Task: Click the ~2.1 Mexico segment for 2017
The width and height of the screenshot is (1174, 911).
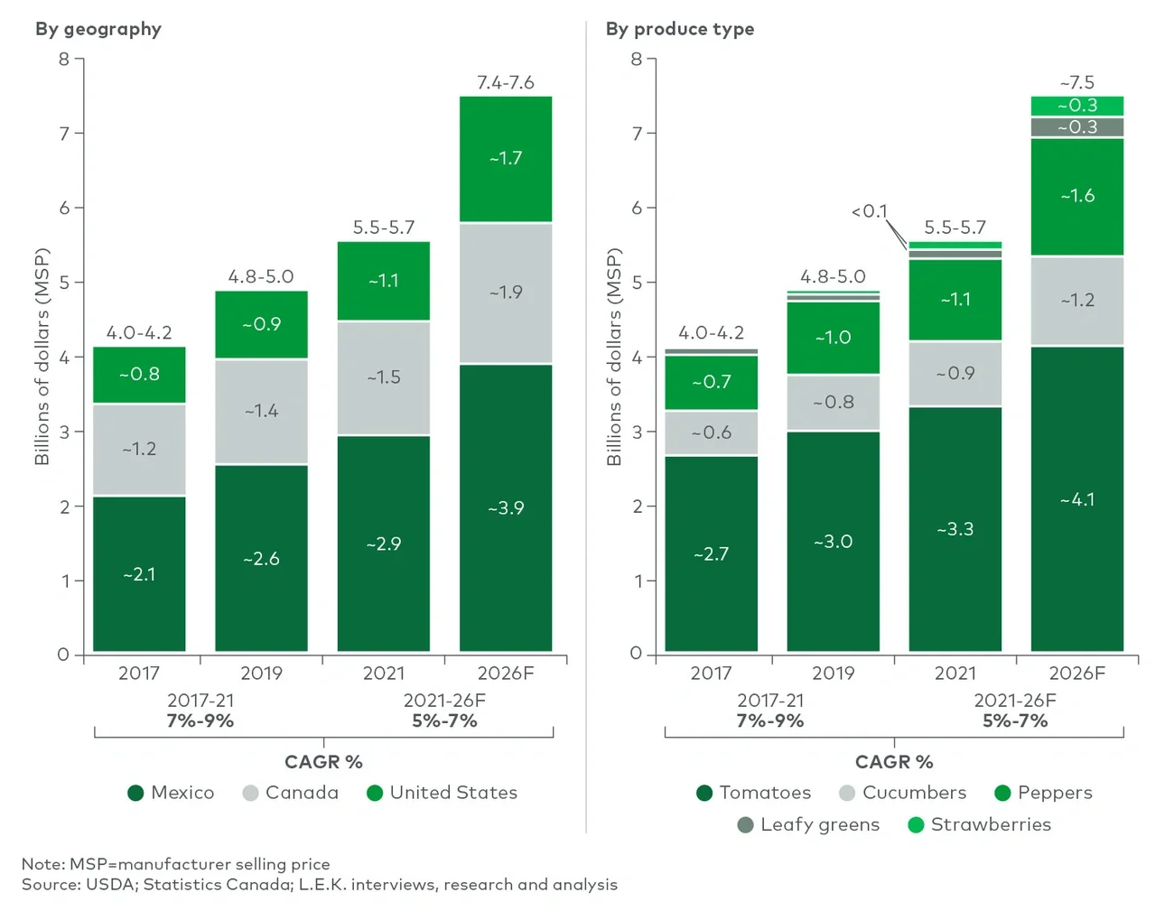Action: click(x=139, y=574)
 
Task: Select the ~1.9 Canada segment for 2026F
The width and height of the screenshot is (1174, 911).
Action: click(x=506, y=293)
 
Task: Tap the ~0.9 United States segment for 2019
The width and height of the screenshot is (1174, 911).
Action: click(x=261, y=324)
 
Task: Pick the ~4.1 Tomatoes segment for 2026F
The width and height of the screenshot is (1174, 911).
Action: click(x=1076, y=499)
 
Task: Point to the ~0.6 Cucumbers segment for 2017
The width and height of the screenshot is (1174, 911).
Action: click(x=711, y=433)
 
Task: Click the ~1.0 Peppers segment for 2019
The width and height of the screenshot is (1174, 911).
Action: click(x=833, y=338)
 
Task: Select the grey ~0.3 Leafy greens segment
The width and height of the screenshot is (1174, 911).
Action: click(x=1076, y=127)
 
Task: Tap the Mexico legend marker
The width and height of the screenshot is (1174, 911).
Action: click(x=136, y=793)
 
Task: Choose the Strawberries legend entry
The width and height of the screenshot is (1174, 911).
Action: click(x=990, y=824)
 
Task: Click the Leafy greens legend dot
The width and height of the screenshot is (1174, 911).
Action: click(x=745, y=824)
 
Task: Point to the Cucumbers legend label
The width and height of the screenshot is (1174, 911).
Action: click(x=914, y=793)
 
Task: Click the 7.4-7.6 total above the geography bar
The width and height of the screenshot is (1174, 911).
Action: click(x=506, y=83)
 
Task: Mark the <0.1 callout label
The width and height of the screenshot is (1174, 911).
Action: click(x=869, y=211)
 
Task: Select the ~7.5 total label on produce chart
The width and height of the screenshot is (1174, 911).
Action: click(x=1076, y=83)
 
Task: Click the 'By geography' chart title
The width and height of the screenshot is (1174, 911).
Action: click(x=98, y=29)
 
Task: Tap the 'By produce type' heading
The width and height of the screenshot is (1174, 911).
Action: click(x=680, y=29)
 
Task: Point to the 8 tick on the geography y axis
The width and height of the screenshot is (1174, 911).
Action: click(x=64, y=60)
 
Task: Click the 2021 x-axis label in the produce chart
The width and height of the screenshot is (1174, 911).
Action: click(x=955, y=674)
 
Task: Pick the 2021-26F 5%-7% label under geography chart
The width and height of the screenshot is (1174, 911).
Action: click(x=444, y=711)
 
